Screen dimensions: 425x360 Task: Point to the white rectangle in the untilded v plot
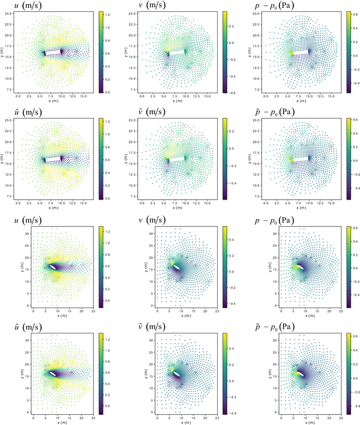pos(176,52)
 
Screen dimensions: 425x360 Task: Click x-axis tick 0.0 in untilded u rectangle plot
pos(18,96)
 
